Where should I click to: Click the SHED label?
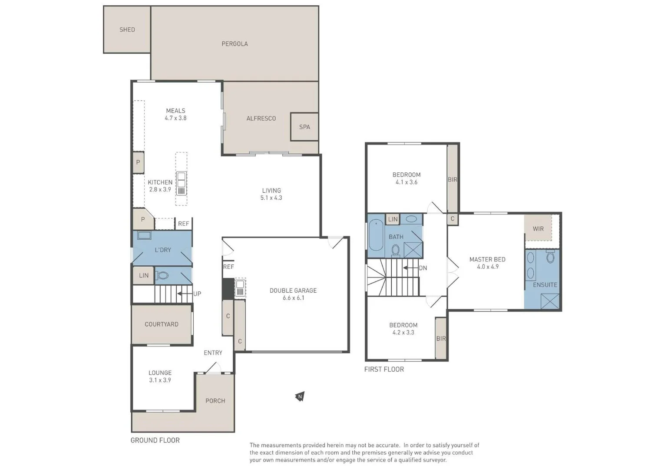127,30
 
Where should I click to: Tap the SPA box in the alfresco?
304,127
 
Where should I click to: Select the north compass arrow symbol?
300,396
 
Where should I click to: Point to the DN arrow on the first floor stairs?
410,268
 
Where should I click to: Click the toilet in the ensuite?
551,257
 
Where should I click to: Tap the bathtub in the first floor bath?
376,235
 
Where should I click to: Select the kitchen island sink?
182,184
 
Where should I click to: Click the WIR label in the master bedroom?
538,228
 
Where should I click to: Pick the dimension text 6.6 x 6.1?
293,298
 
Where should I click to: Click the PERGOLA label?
235,44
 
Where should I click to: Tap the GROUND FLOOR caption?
155,440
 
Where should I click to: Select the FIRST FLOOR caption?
384,369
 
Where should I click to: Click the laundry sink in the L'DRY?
144,236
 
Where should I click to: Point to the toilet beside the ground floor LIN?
162,276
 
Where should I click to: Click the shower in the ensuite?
550,301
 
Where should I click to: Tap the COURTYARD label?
162,324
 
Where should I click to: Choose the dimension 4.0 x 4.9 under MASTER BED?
488,267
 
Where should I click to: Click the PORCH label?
215,401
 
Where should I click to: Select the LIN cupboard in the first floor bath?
393,219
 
